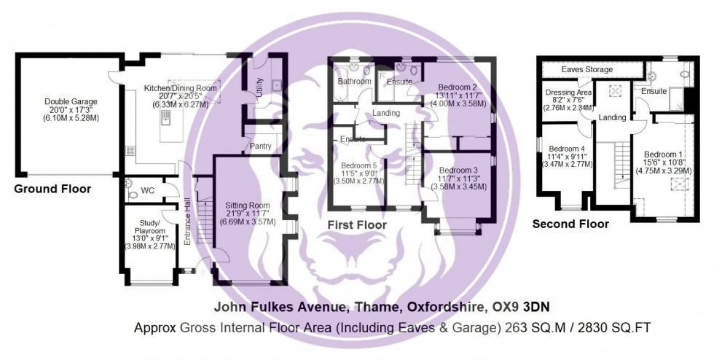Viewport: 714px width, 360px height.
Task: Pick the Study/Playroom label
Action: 144,219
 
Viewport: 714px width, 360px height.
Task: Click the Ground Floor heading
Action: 53,189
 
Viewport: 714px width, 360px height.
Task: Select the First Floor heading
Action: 357,225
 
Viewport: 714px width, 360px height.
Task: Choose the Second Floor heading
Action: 570,224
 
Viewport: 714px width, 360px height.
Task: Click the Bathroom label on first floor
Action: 354,81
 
